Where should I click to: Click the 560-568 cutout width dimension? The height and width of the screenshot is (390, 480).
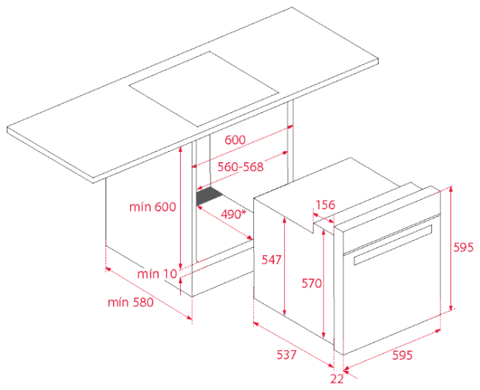point(240,167)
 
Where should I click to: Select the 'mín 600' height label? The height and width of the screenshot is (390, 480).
point(152,207)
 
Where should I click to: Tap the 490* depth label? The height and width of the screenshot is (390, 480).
point(233,215)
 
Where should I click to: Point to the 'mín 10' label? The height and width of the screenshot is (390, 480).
point(157,274)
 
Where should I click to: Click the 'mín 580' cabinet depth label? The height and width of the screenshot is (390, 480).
point(131,302)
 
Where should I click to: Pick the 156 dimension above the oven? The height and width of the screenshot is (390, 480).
point(325,204)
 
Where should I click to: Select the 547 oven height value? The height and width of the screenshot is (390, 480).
point(271,260)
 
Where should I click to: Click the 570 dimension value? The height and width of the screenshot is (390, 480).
point(312,283)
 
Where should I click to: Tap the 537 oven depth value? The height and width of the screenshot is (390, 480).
point(287,355)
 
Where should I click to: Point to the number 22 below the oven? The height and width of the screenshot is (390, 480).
point(337,379)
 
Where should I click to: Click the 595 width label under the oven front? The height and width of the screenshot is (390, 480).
point(402,355)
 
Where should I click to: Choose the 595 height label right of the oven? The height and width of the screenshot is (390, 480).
point(464,247)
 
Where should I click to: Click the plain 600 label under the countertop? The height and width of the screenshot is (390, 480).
point(235,139)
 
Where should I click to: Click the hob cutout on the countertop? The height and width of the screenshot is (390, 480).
point(204,89)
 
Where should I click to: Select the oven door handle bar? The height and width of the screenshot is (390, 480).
point(393,245)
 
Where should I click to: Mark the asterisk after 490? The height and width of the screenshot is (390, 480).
point(244,212)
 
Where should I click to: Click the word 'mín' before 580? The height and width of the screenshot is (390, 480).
point(118,302)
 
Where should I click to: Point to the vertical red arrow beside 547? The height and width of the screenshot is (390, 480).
point(285,266)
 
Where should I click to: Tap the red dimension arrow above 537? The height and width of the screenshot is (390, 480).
point(294,344)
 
